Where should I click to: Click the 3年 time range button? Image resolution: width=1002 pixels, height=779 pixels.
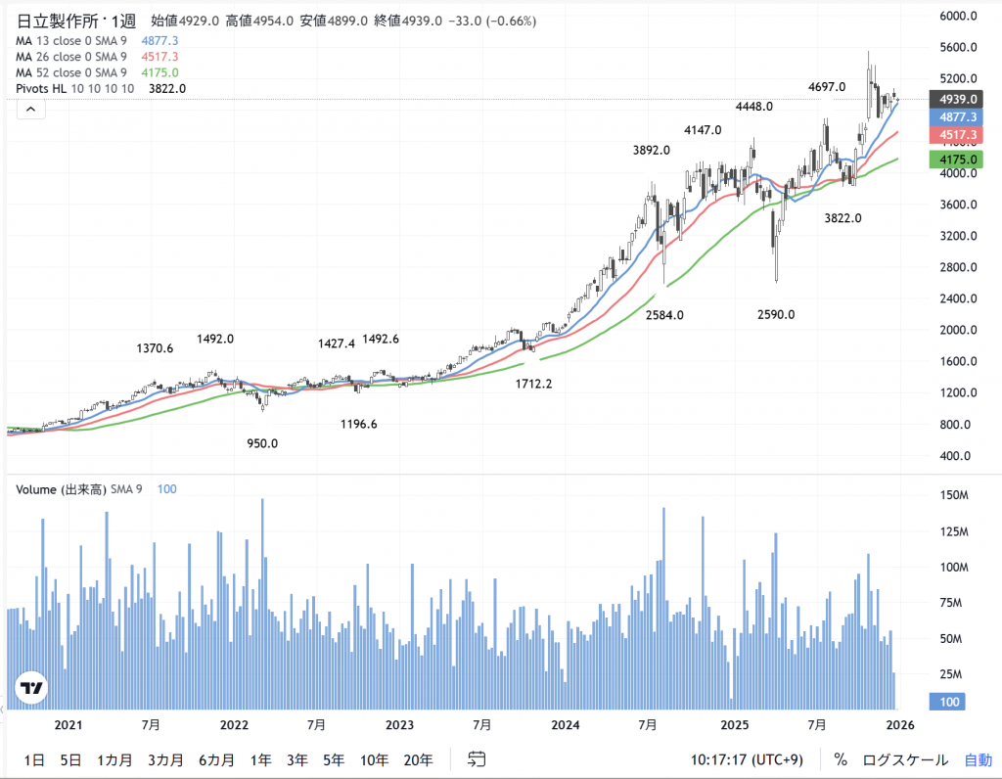tap(297, 759)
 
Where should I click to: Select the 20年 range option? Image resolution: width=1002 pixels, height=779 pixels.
tap(418, 759)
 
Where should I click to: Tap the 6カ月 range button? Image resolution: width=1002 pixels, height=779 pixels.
tap(216, 759)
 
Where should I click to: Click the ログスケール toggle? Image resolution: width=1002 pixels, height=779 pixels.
tap(905, 759)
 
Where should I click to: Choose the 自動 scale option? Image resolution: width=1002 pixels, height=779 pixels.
tap(978, 759)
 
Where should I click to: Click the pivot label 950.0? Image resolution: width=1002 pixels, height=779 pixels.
tap(262, 443)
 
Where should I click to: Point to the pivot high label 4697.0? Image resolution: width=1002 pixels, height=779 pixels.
tap(827, 88)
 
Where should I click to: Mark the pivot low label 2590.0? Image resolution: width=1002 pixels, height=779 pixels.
tap(776, 315)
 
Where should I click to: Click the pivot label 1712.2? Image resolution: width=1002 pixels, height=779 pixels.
tap(534, 384)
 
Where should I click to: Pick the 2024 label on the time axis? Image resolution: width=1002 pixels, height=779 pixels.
tap(566, 725)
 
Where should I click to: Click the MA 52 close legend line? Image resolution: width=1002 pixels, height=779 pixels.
tap(71, 72)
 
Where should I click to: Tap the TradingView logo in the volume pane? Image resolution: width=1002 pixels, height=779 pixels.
tap(32, 688)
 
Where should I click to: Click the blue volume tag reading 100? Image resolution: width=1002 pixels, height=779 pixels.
tap(951, 702)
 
